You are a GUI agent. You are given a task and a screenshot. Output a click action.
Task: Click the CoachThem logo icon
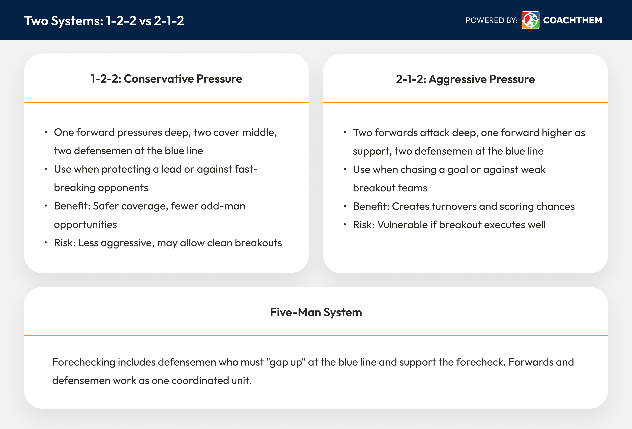(x=530, y=20)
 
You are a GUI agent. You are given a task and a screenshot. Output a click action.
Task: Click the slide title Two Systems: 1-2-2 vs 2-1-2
(x=104, y=21)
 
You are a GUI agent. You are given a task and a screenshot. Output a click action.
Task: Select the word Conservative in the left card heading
(x=159, y=79)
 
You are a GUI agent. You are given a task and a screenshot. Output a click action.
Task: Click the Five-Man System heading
(x=316, y=312)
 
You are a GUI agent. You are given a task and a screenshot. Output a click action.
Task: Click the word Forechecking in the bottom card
(x=84, y=362)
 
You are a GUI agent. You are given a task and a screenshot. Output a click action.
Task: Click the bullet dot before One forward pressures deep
(x=46, y=132)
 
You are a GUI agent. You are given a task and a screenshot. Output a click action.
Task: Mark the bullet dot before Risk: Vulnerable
(x=345, y=225)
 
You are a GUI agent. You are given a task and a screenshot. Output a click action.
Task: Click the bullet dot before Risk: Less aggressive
(x=46, y=243)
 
